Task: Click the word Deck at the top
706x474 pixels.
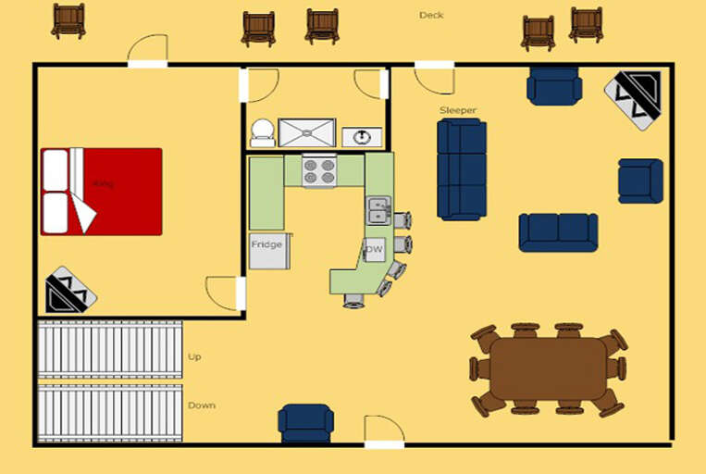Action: [431, 15]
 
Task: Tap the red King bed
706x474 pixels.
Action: [102, 192]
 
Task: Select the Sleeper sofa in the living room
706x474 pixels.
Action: [462, 168]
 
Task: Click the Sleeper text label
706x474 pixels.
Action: [458, 111]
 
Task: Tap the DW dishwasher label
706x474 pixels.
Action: [375, 250]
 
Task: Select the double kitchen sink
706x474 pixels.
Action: [378, 211]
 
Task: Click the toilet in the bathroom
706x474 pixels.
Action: [262, 132]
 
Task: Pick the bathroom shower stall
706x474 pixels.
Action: [306, 132]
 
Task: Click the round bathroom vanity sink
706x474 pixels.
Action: [363, 137]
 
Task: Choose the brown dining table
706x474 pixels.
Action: [548, 368]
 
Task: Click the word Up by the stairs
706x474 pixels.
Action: [194, 356]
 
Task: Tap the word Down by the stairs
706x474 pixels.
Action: [201, 405]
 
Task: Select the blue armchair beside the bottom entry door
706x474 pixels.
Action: [305, 423]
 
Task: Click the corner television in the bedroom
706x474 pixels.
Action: [70, 290]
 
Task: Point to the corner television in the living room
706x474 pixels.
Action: [634, 99]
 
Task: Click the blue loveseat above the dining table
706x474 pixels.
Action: [558, 231]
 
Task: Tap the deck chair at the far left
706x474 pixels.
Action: [68, 20]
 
